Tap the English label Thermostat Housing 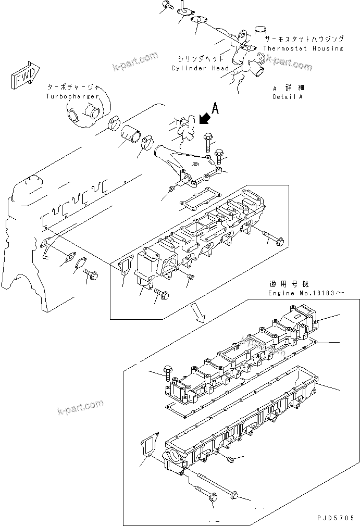pyautogui.click(x=303, y=48)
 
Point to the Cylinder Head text pyautogui.click(x=200, y=68)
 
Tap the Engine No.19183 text pyautogui.click(x=306, y=294)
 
